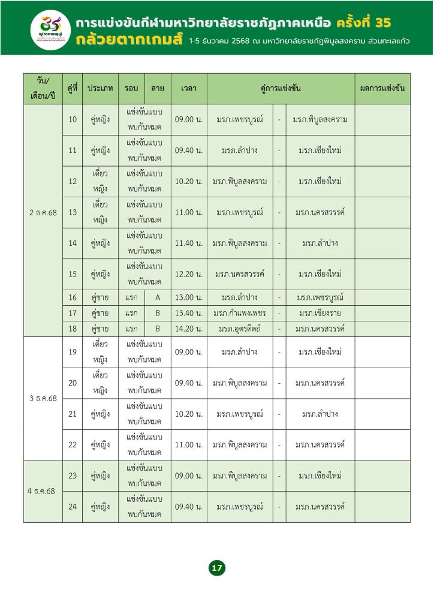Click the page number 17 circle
click(x=217, y=567)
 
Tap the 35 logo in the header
click(x=49, y=27)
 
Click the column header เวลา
click(x=189, y=88)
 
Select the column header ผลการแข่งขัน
click(x=382, y=88)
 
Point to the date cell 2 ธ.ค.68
click(x=43, y=212)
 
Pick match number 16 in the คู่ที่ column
click(x=73, y=297)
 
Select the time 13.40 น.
click(x=189, y=313)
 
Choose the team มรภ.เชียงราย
click(x=320, y=313)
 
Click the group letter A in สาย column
click(x=158, y=297)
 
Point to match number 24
click(x=73, y=507)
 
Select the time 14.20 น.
click(x=189, y=329)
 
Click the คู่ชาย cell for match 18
click(x=100, y=329)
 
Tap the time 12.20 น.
click(x=189, y=274)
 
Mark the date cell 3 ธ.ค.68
click(x=43, y=398)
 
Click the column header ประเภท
click(x=100, y=88)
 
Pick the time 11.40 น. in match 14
click(x=189, y=243)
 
